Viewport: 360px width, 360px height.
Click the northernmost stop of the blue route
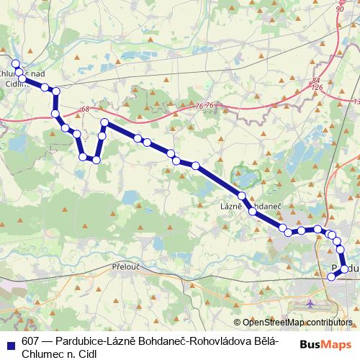[x=16, y=64]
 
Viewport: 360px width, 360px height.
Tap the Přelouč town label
[x=127, y=266]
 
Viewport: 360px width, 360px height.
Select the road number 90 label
[x=340, y=9]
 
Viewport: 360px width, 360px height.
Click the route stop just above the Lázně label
[x=242, y=196]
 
